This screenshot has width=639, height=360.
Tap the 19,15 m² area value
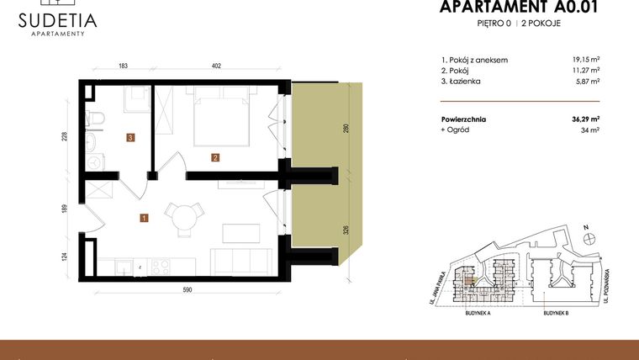[585, 60]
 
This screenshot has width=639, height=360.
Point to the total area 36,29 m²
[584, 119]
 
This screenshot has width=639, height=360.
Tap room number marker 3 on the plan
[131, 137]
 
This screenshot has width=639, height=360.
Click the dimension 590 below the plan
[187, 290]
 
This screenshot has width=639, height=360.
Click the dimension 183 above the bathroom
[122, 65]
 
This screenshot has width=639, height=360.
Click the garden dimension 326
[346, 228]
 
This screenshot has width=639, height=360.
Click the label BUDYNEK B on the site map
[557, 312]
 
